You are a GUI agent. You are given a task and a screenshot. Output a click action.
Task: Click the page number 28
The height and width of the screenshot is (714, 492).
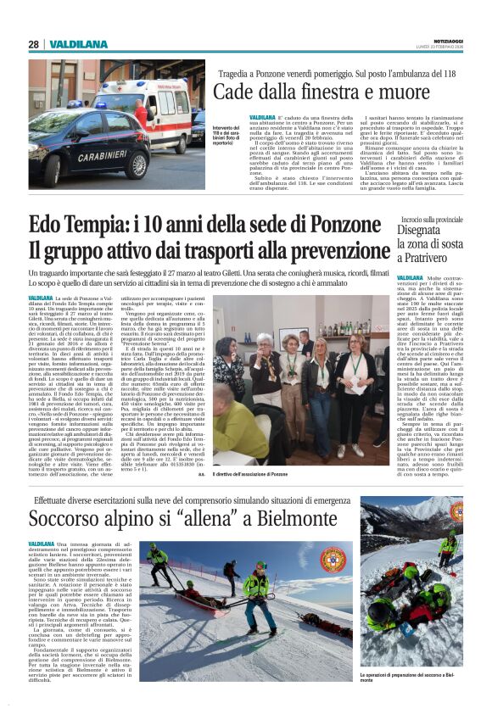[x=33, y=44]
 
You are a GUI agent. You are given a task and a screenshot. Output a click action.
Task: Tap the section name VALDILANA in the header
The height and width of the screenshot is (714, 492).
[x=78, y=44]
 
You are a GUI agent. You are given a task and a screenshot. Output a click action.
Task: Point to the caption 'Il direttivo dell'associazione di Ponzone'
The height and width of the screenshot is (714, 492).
[x=262, y=475]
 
